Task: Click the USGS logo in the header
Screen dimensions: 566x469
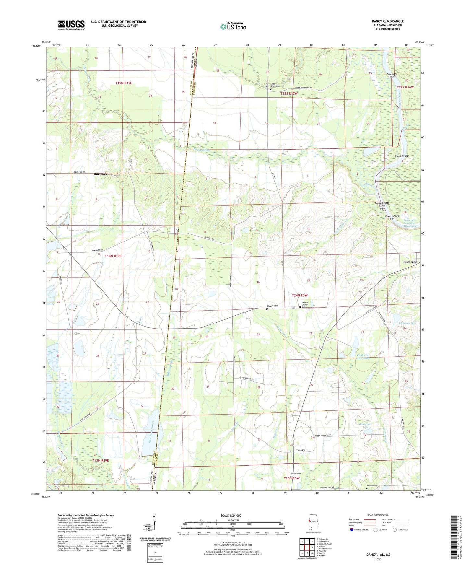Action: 71,25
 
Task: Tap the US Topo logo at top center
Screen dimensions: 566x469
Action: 233,27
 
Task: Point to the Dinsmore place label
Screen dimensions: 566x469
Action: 101,174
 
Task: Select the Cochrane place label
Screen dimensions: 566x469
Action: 410,262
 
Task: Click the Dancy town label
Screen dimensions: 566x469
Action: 301,450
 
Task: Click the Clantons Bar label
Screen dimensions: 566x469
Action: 401,156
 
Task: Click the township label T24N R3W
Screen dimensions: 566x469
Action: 300,295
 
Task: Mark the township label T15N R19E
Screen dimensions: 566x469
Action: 124,83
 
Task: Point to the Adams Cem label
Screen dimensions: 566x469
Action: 372,486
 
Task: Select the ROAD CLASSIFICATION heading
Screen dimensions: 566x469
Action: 378,515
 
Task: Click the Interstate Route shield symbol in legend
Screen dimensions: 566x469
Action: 352,530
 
